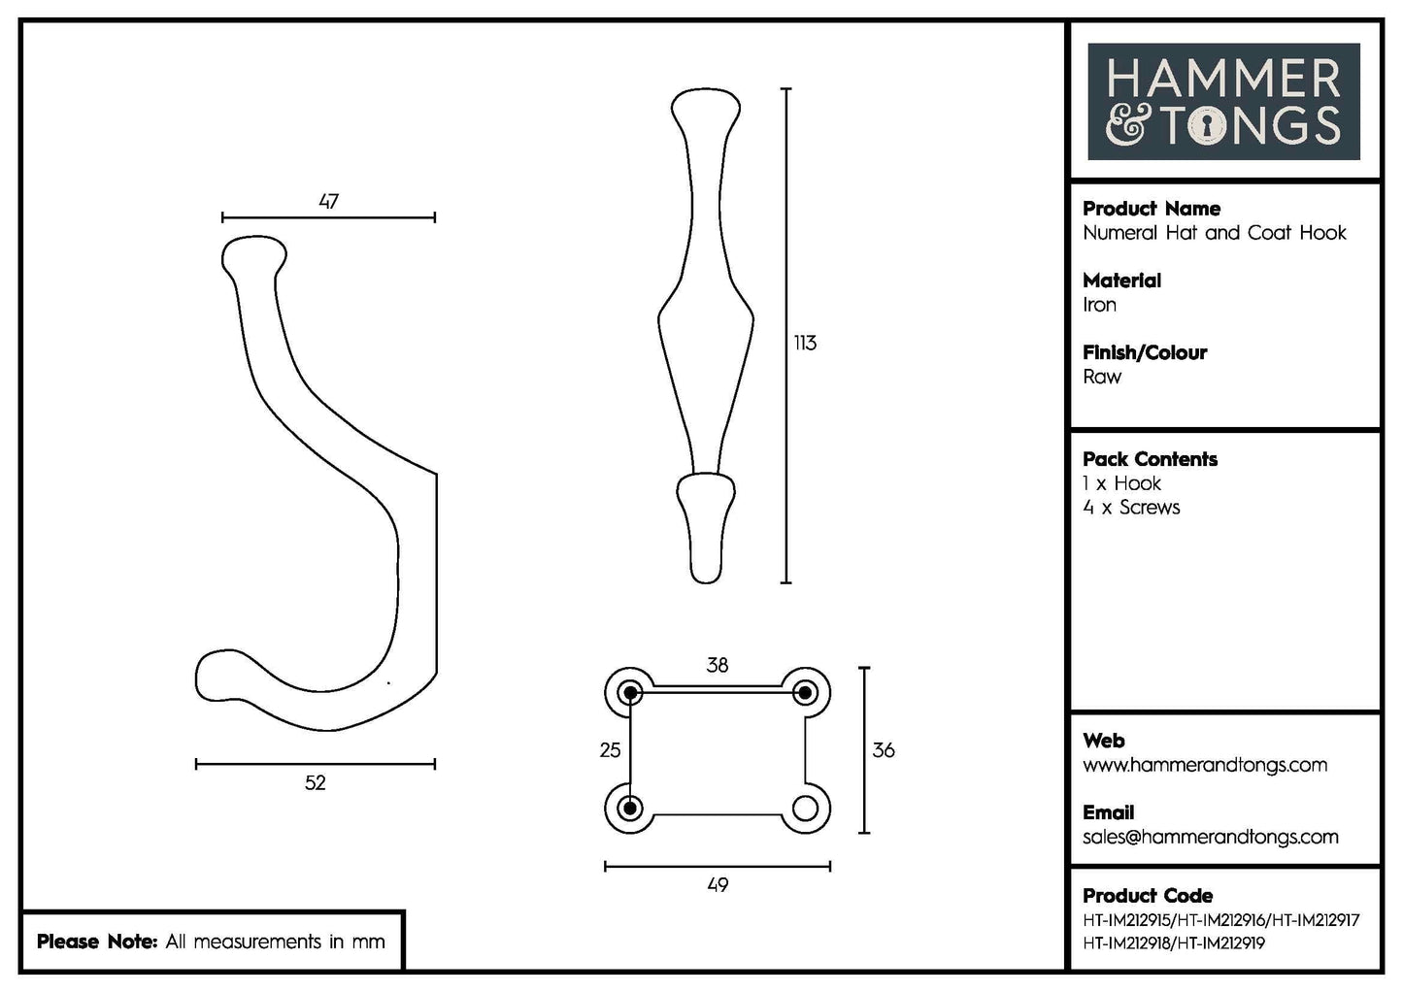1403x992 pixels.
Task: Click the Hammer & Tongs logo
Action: point(1223,102)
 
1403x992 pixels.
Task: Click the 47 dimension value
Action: point(328,201)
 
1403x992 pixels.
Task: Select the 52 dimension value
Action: point(315,782)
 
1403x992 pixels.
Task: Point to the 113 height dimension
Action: point(805,343)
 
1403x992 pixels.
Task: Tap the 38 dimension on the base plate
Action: point(717,665)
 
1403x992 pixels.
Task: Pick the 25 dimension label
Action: point(610,749)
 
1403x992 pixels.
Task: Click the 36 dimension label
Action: point(884,749)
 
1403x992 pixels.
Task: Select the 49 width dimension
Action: point(717,884)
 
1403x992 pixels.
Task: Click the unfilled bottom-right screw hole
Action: point(805,808)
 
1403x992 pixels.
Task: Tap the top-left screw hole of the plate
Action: point(631,692)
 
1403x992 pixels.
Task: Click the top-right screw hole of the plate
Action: point(804,692)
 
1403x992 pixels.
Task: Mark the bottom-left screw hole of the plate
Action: point(631,808)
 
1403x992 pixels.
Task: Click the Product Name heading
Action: point(1152,209)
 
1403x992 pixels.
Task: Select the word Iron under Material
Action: point(1099,305)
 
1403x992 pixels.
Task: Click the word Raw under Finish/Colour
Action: point(1102,377)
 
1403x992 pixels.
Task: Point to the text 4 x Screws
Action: point(1131,507)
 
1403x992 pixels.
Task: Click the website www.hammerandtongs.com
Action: point(1205,765)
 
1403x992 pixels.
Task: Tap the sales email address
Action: point(1210,837)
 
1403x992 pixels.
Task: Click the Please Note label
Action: point(96,942)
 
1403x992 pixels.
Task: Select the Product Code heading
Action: point(1148,896)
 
